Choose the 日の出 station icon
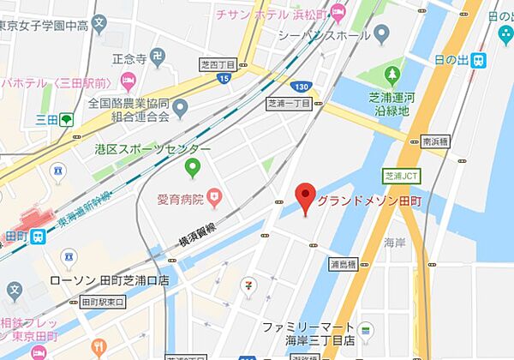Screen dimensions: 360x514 (x=478, y=60)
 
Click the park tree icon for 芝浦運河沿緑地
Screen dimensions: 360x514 (x=395, y=75)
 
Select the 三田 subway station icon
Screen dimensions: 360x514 (x=66, y=120)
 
